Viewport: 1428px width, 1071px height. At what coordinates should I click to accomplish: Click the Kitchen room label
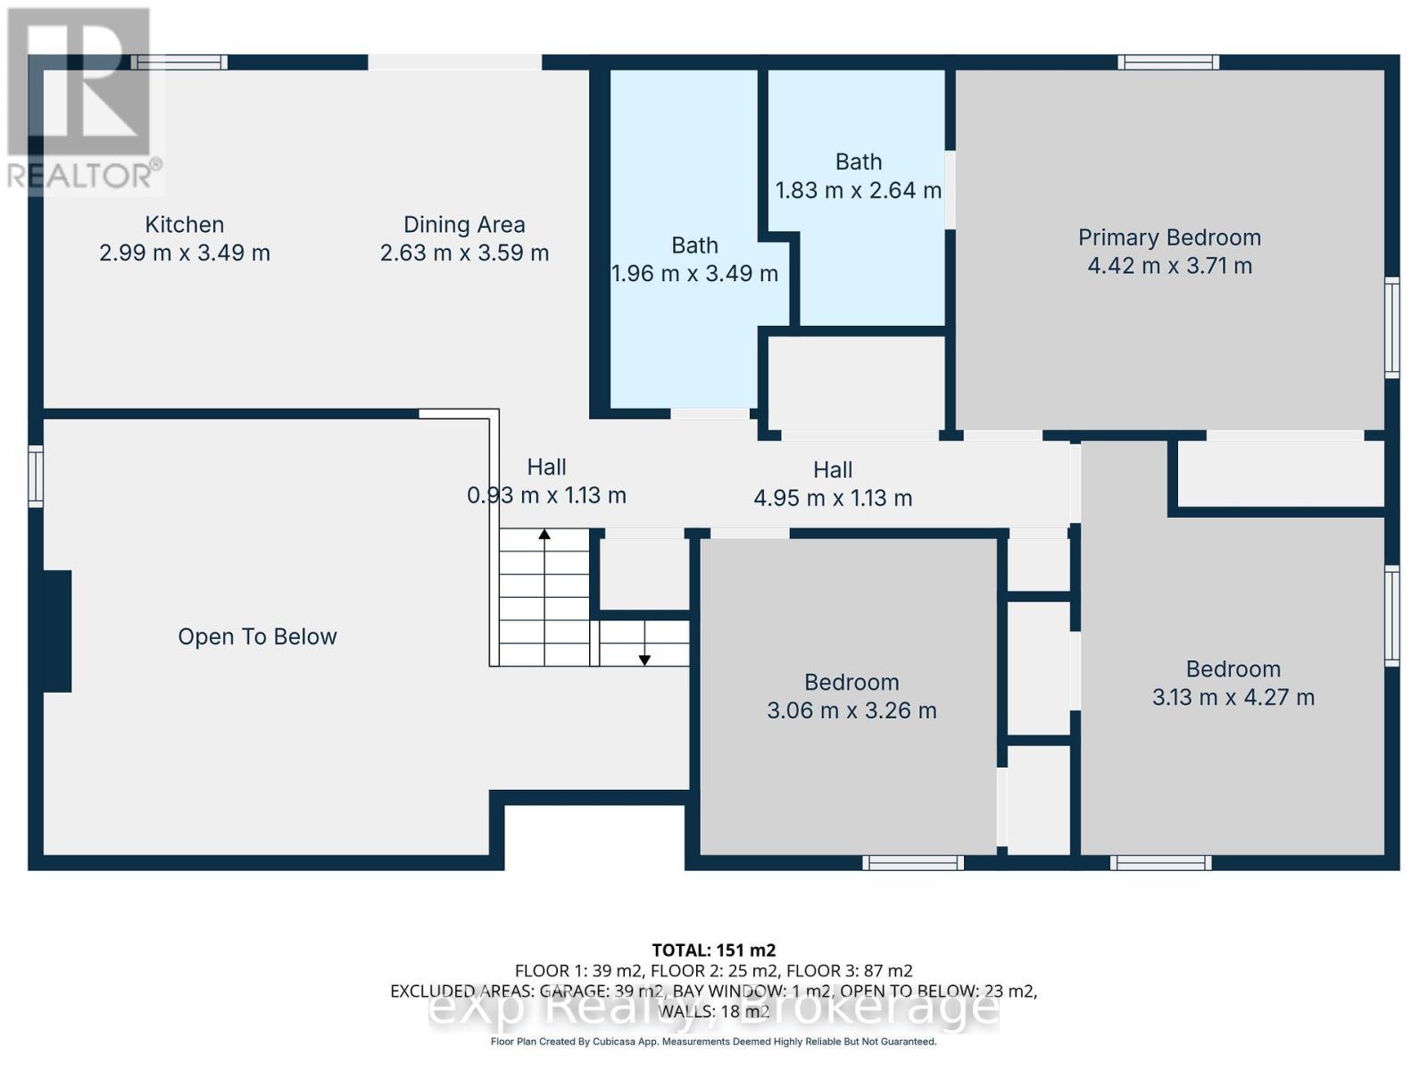point(184,225)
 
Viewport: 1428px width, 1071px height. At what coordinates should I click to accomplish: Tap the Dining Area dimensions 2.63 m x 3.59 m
point(464,253)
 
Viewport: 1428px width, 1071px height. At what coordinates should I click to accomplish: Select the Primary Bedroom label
point(1169,237)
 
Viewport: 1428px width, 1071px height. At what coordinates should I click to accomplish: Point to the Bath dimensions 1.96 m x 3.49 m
point(694,274)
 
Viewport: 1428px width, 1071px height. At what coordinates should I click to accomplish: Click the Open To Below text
point(257,636)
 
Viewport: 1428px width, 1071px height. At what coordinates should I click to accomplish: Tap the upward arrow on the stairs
point(544,535)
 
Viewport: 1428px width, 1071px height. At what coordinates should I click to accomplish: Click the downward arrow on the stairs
point(644,659)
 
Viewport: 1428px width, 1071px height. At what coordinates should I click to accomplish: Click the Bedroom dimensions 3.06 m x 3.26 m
point(851,711)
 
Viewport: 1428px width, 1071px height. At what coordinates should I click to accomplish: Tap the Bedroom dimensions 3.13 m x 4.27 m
point(1233,698)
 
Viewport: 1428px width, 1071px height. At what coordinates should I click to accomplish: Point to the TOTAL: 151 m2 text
point(713,950)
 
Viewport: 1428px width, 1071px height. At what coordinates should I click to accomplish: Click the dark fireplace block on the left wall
point(57,631)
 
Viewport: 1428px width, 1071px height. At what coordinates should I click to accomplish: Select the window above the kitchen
point(179,62)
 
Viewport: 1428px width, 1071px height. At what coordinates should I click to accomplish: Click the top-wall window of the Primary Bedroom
point(1169,62)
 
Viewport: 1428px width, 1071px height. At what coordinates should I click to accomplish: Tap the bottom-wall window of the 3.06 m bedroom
point(913,863)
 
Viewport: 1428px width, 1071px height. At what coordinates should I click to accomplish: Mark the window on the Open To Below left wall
point(36,477)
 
